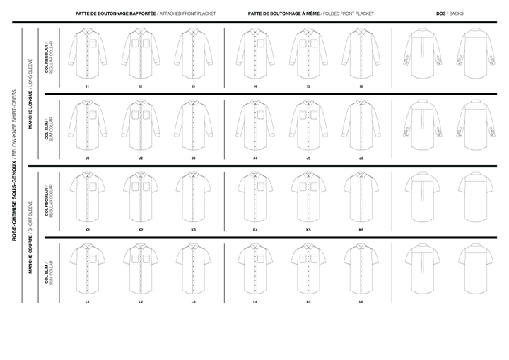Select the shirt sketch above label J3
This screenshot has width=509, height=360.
click(193, 124)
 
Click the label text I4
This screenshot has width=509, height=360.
click(255, 86)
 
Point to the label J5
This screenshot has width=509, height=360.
click(308, 158)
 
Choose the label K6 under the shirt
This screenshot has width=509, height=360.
click(361, 230)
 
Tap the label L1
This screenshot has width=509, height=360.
click(88, 302)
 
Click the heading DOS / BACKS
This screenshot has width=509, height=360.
click(450, 13)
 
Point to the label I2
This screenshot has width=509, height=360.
click(141, 86)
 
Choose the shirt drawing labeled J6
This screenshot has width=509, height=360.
click(361, 124)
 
